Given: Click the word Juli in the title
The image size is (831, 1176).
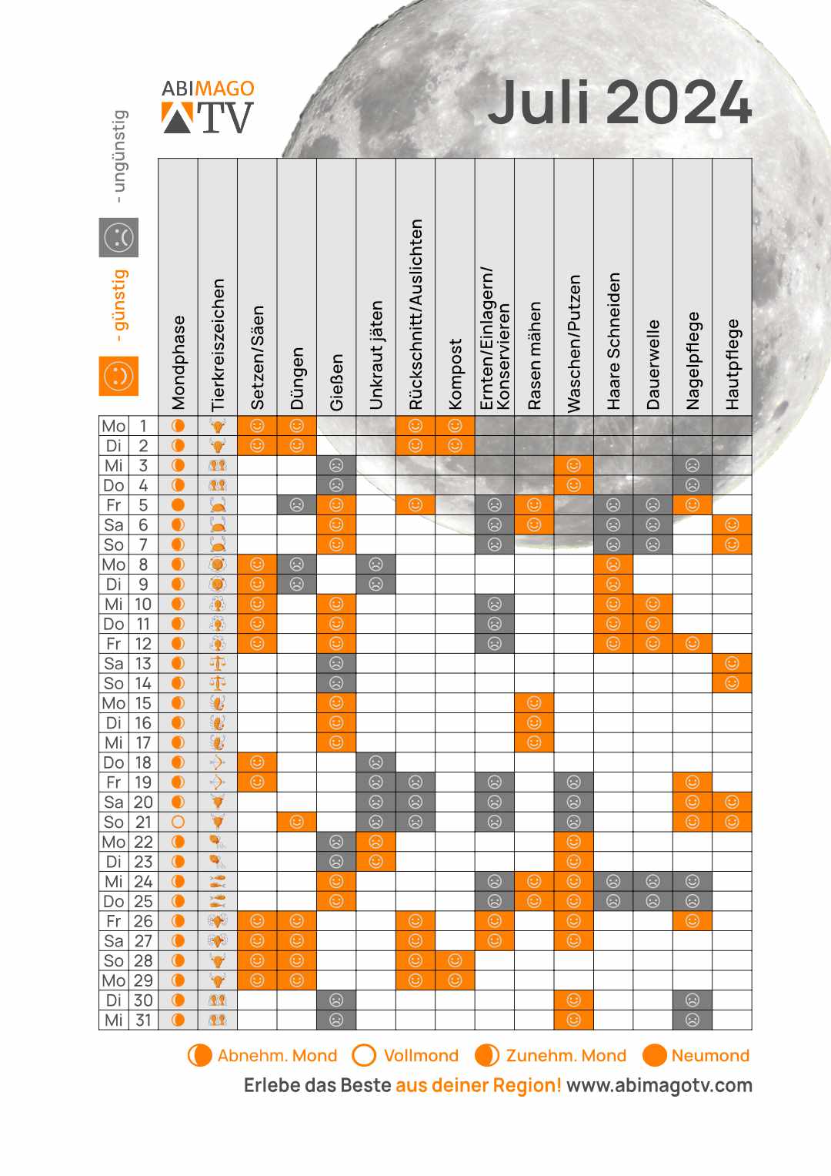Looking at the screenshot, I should [539, 102].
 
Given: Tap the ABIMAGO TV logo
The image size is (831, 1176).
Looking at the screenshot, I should [208, 107].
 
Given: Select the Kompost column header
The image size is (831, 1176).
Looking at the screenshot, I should [456, 374].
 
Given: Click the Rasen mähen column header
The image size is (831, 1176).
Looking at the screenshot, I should [535, 355].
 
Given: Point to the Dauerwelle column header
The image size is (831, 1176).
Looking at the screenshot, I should [653, 364].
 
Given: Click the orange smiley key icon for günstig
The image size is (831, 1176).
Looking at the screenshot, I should [118, 376].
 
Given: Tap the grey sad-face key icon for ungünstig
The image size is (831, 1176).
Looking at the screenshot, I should [118, 237].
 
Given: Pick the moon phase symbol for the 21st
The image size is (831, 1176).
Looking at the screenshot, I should [179, 822].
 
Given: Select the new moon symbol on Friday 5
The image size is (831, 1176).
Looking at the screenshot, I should [179, 505].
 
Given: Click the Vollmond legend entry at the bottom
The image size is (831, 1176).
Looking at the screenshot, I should [405, 1055].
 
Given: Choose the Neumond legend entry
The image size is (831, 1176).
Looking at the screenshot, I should [696, 1055].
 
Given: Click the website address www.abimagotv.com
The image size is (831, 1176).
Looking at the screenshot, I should [659, 1085].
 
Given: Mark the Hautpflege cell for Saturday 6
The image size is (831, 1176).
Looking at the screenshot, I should [732, 525].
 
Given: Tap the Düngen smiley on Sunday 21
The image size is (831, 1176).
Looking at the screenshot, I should [297, 822].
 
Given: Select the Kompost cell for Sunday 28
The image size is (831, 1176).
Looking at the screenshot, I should [456, 960].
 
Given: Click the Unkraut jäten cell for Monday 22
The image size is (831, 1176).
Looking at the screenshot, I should [376, 842].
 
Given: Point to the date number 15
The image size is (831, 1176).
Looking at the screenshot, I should [143, 703].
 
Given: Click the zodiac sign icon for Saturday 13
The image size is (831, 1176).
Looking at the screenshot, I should [218, 663].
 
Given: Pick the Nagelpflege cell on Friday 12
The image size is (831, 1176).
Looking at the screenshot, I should [692, 644].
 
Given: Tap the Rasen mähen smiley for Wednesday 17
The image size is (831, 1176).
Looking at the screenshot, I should [535, 742].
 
